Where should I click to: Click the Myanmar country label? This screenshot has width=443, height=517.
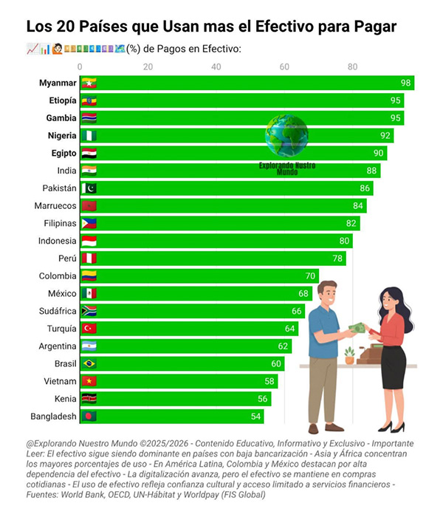click(58, 83)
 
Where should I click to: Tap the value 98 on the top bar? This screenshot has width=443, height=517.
click(405, 83)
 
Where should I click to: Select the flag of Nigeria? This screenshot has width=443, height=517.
click(89, 136)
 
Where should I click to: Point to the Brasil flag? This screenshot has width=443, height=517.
click(89, 363)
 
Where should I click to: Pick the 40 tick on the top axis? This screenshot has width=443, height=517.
click(216, 67)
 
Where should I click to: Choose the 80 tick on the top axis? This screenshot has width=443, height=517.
click(353, 67)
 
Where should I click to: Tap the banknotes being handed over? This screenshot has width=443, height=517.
click(357, 328)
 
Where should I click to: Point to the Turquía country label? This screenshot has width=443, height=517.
click(58, 329)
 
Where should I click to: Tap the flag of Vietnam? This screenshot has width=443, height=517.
click(89, 381)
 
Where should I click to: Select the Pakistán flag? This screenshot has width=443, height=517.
click(89, 188)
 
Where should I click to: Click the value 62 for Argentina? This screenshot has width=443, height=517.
click(284, 346)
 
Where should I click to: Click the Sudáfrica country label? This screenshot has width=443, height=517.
click(54, 311)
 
